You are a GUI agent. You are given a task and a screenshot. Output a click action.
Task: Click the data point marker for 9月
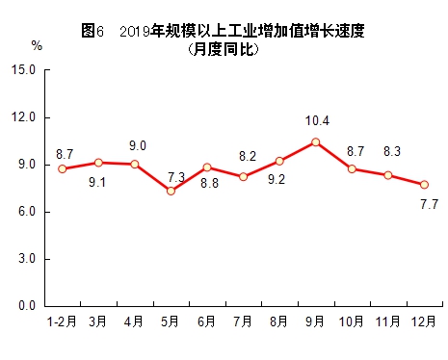point(315,141)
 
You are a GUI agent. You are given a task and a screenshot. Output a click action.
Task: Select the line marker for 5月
point(171,191)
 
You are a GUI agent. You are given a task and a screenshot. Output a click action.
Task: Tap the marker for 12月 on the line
point(424,184)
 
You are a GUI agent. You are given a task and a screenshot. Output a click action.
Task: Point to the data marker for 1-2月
point(63,168)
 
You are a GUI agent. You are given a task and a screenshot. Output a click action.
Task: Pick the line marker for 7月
point(243,176)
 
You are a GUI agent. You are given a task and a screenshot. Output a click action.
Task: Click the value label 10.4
point(315,121)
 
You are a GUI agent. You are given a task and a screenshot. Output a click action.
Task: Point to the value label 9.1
point(96,183)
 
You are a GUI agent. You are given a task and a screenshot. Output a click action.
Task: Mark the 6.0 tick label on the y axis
point(26,212)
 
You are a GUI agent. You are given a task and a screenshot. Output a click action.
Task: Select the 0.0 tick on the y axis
point(26,306)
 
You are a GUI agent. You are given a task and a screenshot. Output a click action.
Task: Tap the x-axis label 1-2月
point(62,321)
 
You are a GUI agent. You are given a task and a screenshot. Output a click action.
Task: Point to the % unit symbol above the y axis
point(37,45)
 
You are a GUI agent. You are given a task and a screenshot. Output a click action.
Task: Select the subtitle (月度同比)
point(224,48)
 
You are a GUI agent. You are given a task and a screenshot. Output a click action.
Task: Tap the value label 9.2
point(277,180)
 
